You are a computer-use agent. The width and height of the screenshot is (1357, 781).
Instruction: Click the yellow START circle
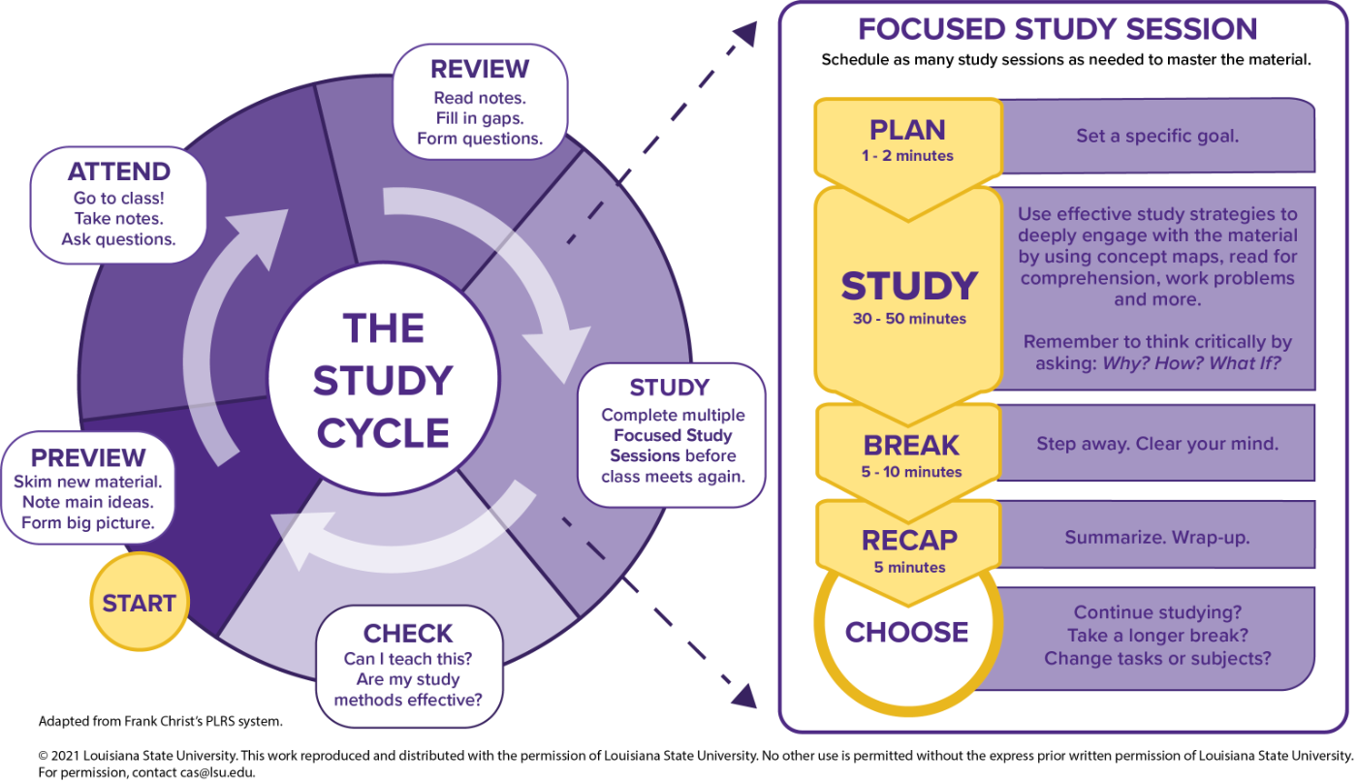(139, 603)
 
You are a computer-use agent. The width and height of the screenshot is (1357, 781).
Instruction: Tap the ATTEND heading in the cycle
(118, 172)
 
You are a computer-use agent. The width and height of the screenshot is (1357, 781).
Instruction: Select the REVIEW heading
(480, 70)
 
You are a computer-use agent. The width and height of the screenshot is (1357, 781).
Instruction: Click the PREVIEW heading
(88, 457)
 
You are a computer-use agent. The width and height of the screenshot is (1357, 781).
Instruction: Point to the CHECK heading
(408, 634)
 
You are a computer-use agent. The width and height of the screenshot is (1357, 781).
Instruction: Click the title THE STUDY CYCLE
(383, 381)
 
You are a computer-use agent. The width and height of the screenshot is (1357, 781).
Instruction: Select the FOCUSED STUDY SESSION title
(1057, 29)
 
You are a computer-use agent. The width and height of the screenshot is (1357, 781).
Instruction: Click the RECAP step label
(909, 540)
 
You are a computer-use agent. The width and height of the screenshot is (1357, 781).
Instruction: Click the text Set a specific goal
(1156, 137)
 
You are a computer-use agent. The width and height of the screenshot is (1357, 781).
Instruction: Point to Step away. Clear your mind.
(1156, 444)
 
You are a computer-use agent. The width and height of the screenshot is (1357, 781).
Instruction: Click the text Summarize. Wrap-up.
(1156, 537)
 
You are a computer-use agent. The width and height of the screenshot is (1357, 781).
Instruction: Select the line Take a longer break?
(1156, 636)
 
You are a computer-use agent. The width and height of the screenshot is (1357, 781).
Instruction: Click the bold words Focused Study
(673, 435)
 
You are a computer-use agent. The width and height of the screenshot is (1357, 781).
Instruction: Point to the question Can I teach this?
(408, 658)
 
